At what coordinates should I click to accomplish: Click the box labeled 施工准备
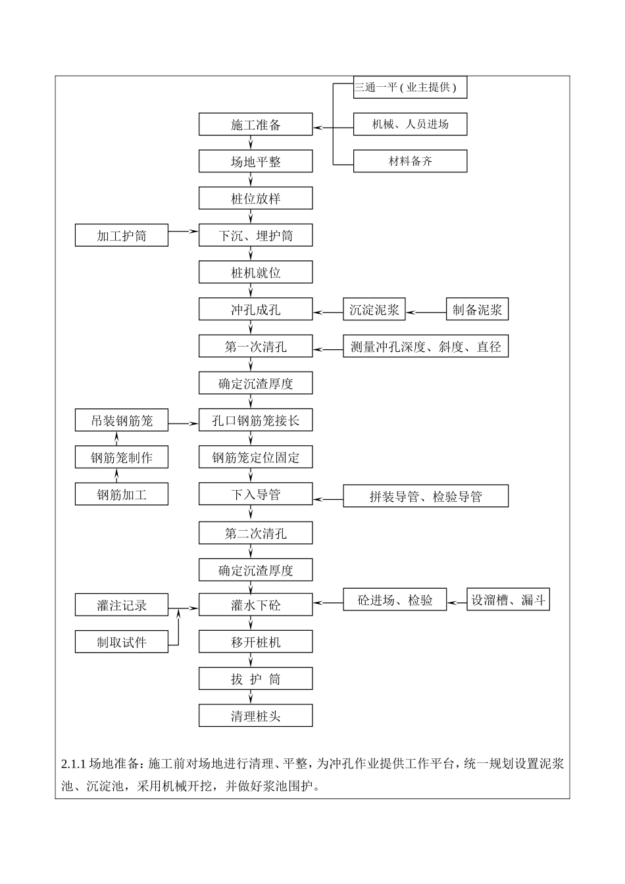tap(255, 125)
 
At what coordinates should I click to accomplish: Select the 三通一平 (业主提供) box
tap(410, 87)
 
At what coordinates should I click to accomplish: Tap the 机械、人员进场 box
tap(410, 124)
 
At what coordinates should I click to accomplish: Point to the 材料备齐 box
tap(410, 161)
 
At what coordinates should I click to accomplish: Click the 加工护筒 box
tap(122, 235)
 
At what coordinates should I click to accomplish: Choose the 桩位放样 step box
tap(255, 199)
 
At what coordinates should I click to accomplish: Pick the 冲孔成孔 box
tap(255, 310)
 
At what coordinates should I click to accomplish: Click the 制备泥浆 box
tap(477, 310)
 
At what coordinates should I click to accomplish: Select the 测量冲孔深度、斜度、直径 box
tap(426, 347)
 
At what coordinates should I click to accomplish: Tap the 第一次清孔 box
tap(255, 347)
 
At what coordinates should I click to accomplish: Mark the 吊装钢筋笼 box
tap(122, 421)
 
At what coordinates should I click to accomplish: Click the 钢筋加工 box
tap(122, 495)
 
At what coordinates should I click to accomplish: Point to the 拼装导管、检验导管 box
tap(426, 497)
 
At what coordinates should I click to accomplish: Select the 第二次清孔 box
tap(255, 533)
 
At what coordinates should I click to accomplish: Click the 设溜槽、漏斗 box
tap(508, 600)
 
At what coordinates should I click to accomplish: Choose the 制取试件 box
tap(122, 642)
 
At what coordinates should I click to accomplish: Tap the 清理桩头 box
tap(255, 716)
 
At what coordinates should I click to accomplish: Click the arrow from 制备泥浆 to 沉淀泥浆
tap(426, 312)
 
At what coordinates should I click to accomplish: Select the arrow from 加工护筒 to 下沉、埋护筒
tap(184, 231)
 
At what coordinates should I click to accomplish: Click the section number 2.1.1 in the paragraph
tap(74, 764)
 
